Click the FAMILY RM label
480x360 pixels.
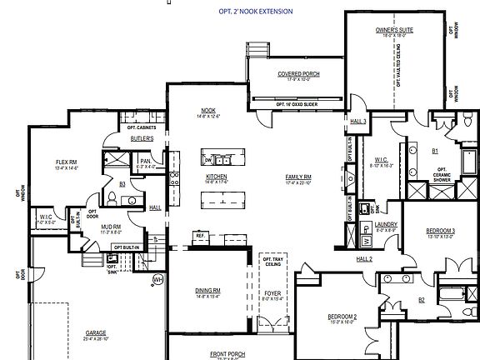297,177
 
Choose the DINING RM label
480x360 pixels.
207,290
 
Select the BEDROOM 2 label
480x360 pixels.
319,317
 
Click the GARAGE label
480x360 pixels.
96,332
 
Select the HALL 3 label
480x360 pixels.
358,121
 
